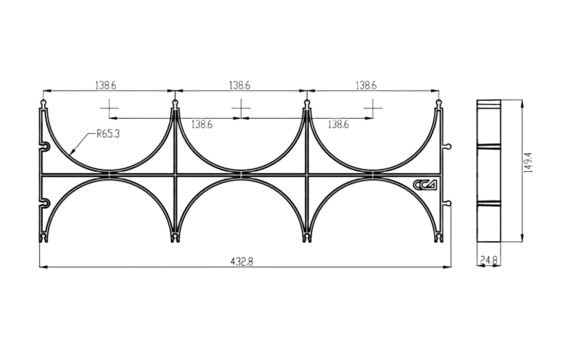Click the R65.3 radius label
pos(108,135)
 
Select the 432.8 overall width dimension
pos(242,262)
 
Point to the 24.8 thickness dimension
pos(488,260)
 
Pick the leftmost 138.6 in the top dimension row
pos(105,85)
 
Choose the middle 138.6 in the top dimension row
pos(240,85)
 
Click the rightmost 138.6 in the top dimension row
pos(366,85)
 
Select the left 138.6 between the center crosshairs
pos(202,125)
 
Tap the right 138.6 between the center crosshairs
pos(338,125)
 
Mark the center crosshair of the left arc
pos(109,108)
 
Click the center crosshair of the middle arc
pos(241,108)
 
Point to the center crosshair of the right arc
pos(373,108)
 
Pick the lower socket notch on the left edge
pos(45,204)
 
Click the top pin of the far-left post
pos(44,104)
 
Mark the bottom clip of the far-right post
pos(438,238)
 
